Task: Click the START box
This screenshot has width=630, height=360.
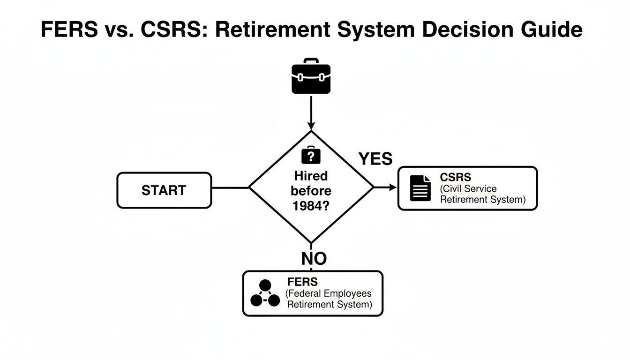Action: pos(164,190)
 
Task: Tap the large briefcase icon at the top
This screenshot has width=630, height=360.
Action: pos(311,76)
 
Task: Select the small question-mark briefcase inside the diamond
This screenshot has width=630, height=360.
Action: pos(311,155)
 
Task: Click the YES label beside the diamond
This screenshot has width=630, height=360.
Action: pos(375,159)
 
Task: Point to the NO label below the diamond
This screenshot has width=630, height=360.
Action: pos(314,258)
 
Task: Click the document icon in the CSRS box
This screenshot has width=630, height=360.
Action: pos(420,188)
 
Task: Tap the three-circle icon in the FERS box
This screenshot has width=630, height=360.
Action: pos(265,293)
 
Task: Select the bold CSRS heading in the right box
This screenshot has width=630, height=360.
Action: pos(455,178)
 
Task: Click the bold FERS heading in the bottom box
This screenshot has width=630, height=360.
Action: pos(302,282)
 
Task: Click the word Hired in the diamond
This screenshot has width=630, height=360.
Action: pos(311,176)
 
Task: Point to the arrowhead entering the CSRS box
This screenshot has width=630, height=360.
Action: pos(393,187)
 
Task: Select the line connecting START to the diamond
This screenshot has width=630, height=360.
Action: pos(230,188)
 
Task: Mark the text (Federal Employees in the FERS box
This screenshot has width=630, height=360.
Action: pos(328,293)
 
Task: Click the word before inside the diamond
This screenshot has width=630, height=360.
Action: pos(311,191)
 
